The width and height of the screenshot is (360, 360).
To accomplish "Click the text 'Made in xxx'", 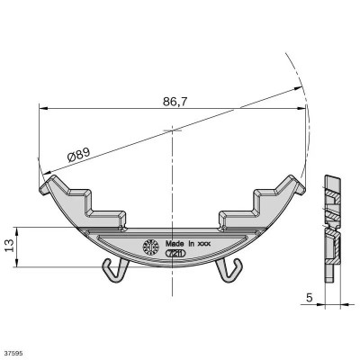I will (x=185, y=243).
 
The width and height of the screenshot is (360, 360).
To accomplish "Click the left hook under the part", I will (x=112, y=267).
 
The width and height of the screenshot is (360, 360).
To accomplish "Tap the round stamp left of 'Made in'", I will (x=150, y=244).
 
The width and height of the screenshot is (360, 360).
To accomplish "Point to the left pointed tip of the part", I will (x=40, y=187).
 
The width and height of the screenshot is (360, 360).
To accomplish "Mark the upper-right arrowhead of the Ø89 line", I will (x=300, y=88).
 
